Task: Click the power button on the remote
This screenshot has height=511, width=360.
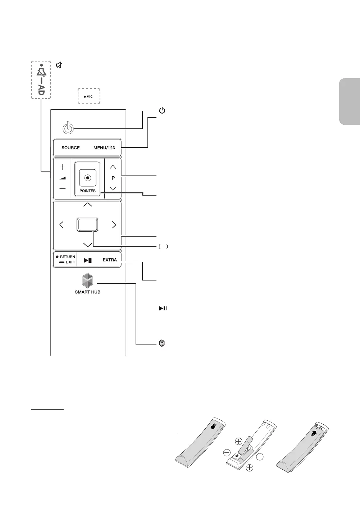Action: pyautogui.click(x=68, y=128)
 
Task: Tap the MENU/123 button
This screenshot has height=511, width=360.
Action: pyautogui.click(x=104, y=148)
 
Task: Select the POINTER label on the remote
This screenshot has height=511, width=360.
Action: pyautogui.click(x=87, y=191)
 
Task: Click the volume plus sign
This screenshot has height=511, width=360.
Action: pyautogui.click(x=63, y=167)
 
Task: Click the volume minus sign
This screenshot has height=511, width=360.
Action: pyautogui.click(x=63, y=188)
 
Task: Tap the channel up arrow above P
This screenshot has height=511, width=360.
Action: pyautogui.click(x=113, y=167)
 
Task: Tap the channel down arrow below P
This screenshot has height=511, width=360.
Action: pyautogui.click(x=113, y=188)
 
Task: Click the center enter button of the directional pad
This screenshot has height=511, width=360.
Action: pyautogui.click(x=87, y=225)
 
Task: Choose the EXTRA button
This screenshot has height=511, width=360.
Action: pyautogui.click(x=110, y=260)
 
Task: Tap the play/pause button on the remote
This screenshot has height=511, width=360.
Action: pyautogui.click(x=88, y=260)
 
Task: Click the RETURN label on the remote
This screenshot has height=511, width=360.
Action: pyautogui.click(x=67, y=257)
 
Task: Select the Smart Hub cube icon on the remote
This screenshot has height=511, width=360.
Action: pyautogui.click(x=87, y=280)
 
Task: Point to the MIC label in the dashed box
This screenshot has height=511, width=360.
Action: pyautogui.click(x=89, y=97)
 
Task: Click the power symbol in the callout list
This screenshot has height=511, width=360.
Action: pyautogui.click(x=162, y=111)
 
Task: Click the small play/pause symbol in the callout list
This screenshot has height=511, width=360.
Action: pyautogui.click(x=163, y=309)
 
